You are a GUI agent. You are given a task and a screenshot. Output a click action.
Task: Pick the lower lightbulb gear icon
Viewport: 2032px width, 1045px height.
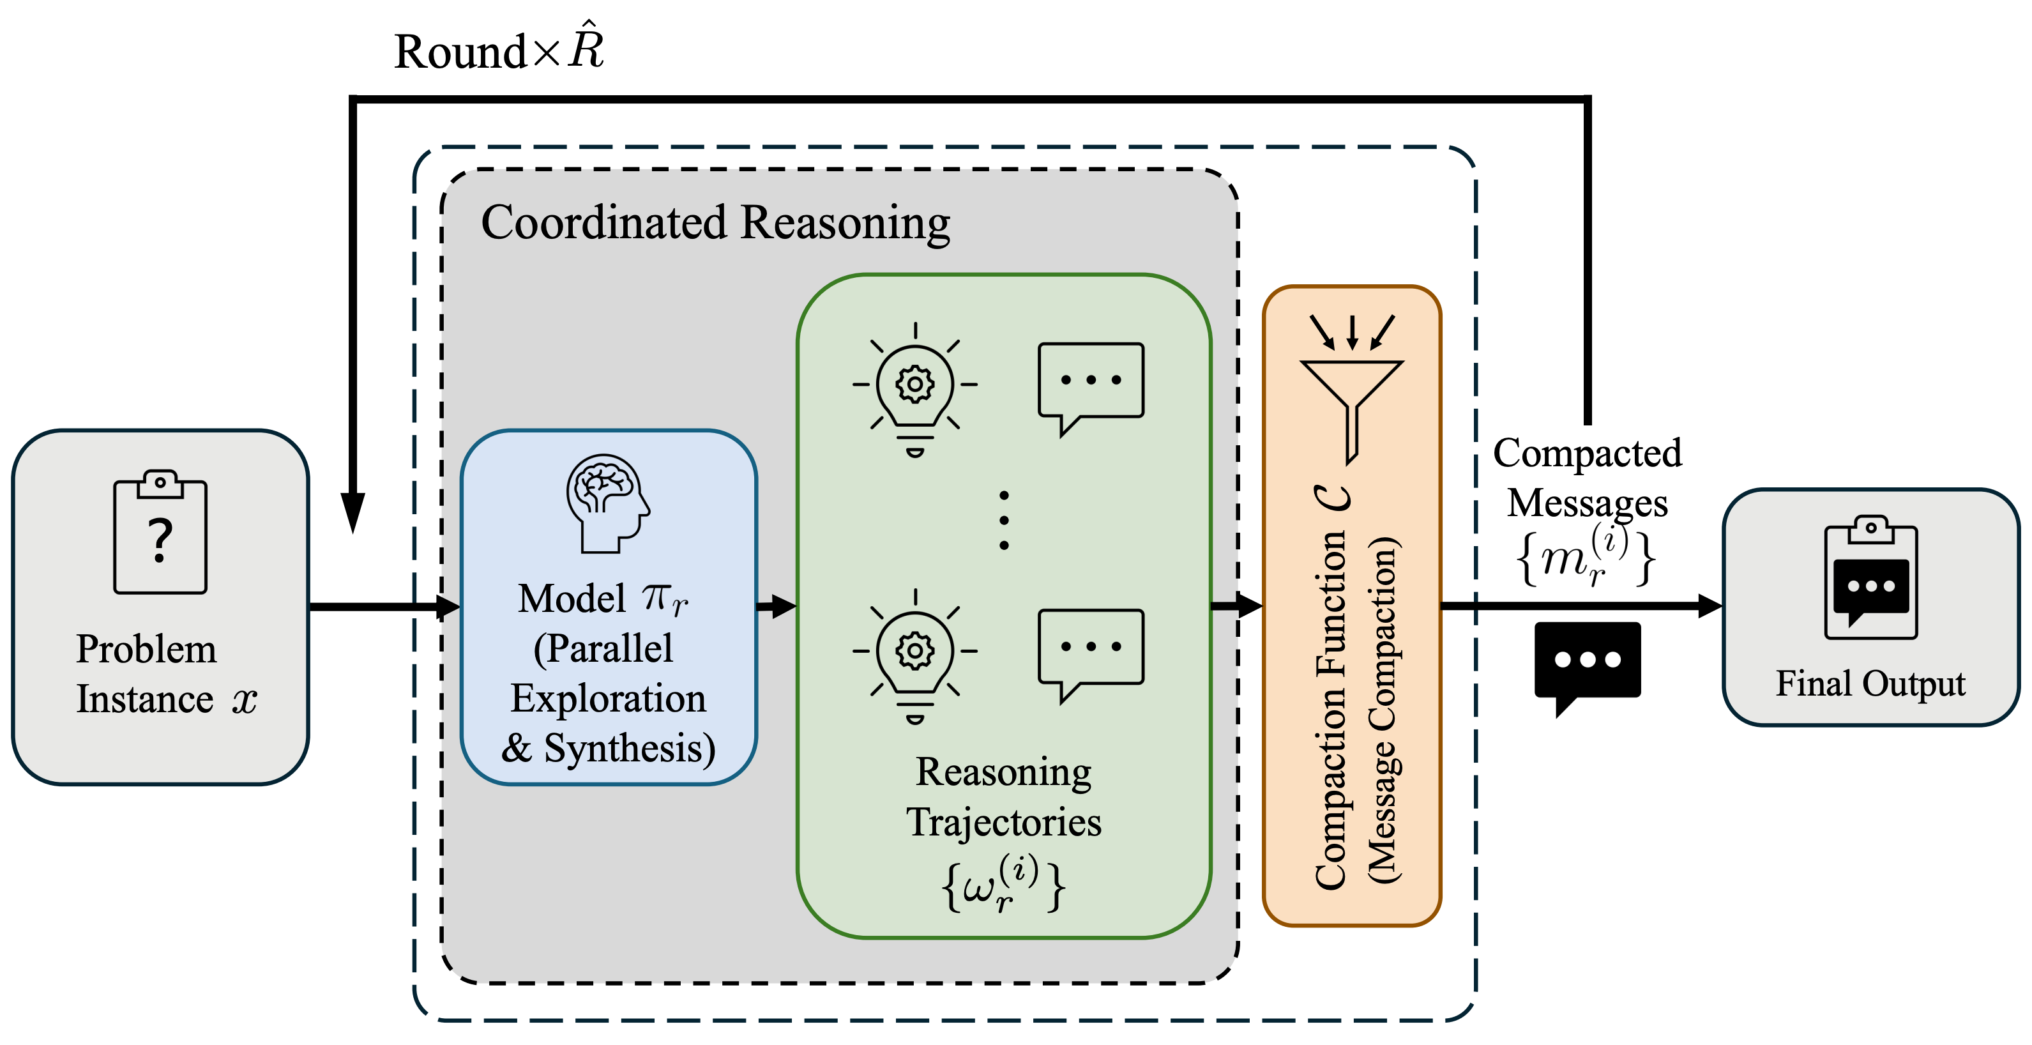pyautogui.click(x=915, y=655)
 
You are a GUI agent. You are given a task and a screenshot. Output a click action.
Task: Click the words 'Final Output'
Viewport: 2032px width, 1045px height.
pyautogui.click(x=1870, y=683)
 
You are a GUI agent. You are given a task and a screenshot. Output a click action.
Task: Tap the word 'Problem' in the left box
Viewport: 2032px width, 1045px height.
pyautogui.click(x=146, y=650)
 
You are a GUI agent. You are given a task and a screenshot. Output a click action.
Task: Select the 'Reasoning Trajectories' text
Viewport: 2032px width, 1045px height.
pyautogui.click(x=1003, y=797)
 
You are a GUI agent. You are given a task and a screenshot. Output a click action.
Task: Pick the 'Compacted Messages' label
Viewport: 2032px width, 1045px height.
pyautogui.click(x=1587, y=478)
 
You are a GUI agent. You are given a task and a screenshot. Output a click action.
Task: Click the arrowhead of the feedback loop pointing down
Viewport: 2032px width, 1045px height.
pyautogui.click(x=353, y=513)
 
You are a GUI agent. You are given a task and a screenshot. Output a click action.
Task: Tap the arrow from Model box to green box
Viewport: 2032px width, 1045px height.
pyautogui.click(x=777, y=606)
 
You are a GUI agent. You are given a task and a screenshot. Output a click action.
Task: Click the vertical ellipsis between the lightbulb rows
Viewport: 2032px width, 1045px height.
pyautogui.click(x=1003, y=520)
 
